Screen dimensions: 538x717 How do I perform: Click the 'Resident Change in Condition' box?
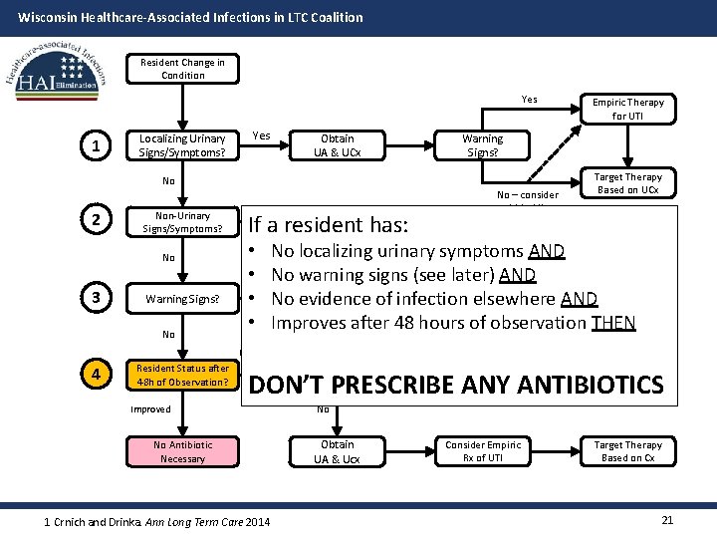point(182,69)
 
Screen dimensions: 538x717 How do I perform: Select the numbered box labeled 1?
point(95,146)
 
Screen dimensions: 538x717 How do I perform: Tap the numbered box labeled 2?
point(95,220)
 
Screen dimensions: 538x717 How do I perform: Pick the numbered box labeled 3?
point(95,298)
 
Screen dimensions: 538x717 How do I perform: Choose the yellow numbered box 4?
point(95,375)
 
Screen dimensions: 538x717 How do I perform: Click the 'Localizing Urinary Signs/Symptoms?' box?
point(182,145)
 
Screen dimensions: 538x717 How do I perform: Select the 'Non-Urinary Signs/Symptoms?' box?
point(182,222)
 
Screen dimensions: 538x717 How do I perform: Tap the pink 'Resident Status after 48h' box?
point(182,376)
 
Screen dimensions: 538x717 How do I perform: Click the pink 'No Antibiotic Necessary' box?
point(182,451)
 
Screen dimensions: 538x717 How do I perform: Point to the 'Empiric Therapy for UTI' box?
point(627,109)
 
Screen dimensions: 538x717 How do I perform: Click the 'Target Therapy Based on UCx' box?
point(627,183)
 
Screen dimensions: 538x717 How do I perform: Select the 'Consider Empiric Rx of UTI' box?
point(482,451)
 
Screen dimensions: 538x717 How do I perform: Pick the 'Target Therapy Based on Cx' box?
point(627,451)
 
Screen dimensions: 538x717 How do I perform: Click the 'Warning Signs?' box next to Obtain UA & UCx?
point(482,145)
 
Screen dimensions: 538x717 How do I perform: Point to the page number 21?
point(668,520)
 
